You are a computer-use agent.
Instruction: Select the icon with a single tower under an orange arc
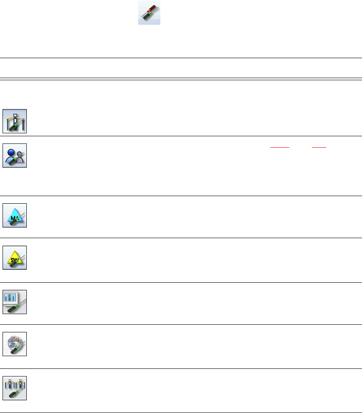pyautogui.click(x=15, y=121)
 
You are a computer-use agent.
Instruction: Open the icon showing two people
pyautogui.click(x=15, y=155)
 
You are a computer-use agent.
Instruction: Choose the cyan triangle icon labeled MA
pyautogui.click(x=15, y=215)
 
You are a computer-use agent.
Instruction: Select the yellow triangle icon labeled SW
pyautogui.click(x=15, y=258)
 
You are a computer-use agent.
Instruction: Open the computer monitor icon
pyautogui.click(x=15, y=302)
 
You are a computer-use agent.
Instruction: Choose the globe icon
pyautogui.click(x=15, y=344)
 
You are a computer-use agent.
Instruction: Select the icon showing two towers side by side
pyautogui.click(x=15, y=388)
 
